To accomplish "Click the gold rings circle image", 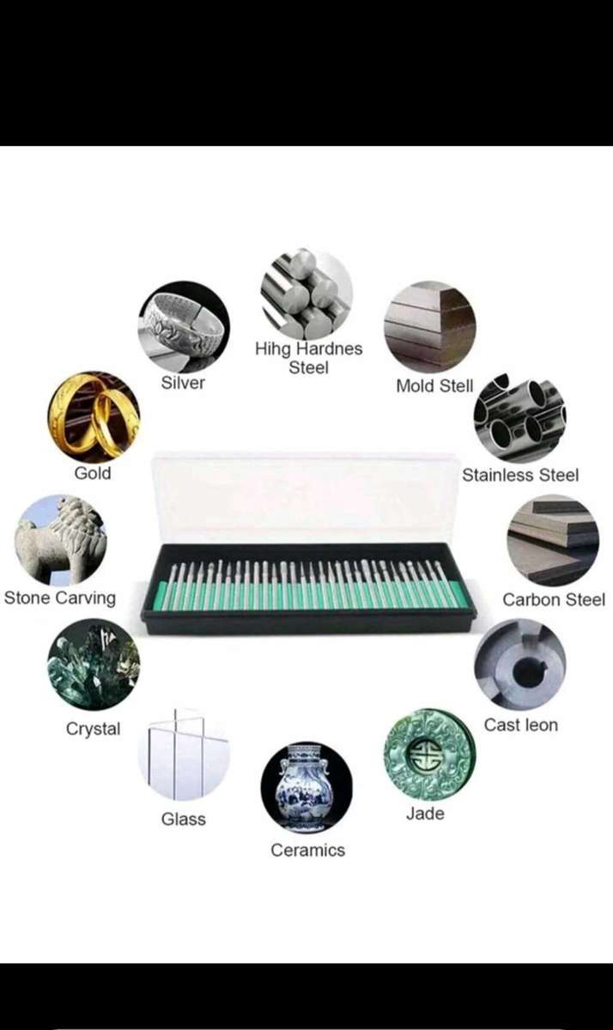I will pos(93,417).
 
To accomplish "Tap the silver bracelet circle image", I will pos(184,326).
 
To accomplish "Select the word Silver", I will pos(183,383).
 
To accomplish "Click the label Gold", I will pos(93,473).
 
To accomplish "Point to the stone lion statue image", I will pos(60,540).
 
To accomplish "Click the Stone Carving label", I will pos(60,597).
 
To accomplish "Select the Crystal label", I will pos(93,729).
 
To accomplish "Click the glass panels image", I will pos(184,754).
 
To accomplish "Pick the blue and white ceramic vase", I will pos(306,787).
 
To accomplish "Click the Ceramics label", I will pos(307,850).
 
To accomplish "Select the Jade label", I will pos(425,813).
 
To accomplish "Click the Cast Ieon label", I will pos(520,724).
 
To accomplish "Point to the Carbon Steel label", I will pos(553,599).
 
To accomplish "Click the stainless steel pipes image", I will pos(519,418).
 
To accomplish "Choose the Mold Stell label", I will pos(434,386).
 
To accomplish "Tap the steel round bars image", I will pos(306,293).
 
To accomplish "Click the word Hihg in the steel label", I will pos(273,349).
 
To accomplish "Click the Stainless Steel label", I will pos(520,475).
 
